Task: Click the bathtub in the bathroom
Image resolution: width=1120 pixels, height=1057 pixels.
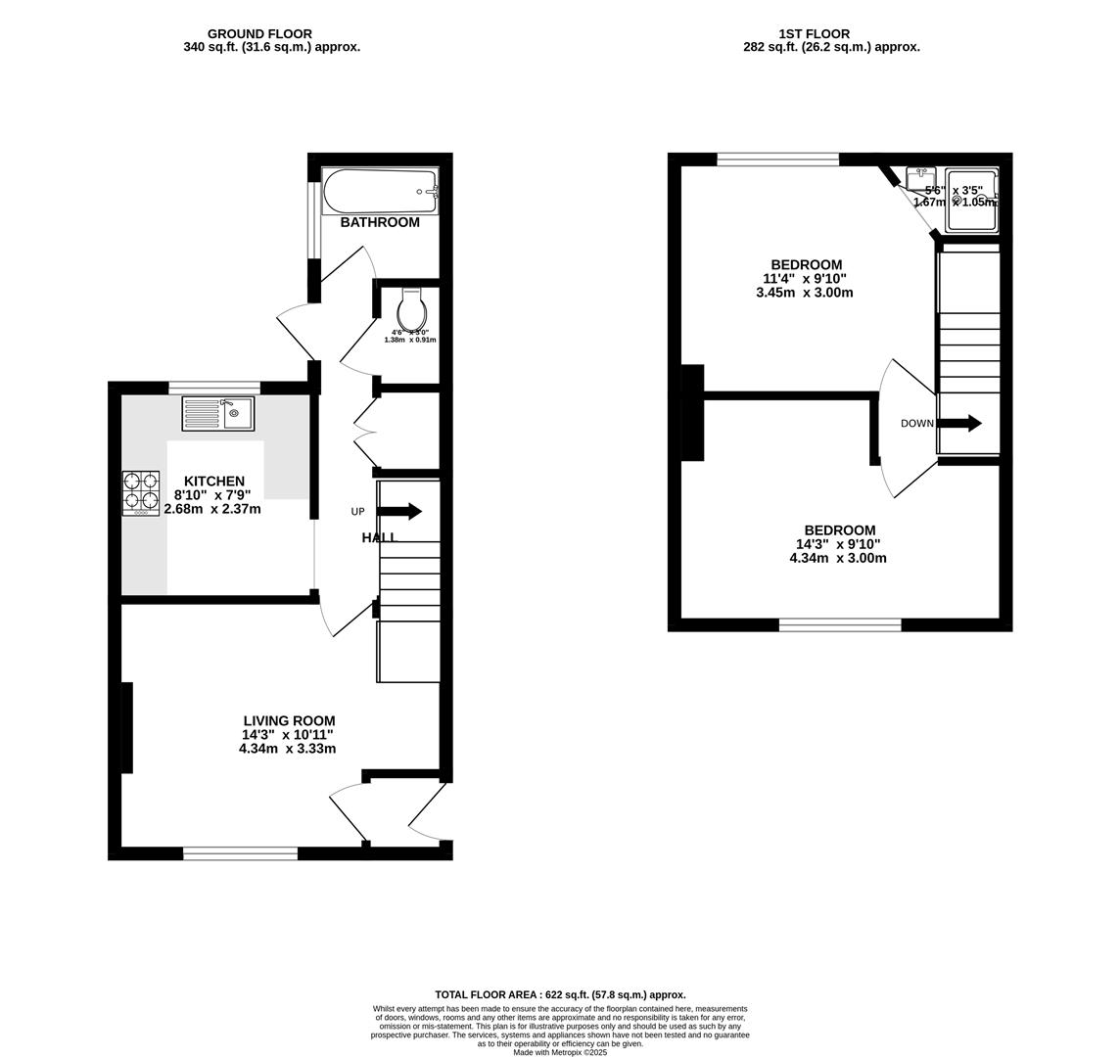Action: (x=380, y=192)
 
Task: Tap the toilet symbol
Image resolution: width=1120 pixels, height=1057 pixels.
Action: (x=412, y=311)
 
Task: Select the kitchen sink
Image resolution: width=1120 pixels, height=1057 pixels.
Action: (x=217, y=413)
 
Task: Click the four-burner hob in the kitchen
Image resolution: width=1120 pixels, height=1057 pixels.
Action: (x=141, y=492)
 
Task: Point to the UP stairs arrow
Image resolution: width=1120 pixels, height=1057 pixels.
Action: (x=399, y=511)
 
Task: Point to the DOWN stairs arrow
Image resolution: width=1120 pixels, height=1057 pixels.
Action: (x=959, y=423)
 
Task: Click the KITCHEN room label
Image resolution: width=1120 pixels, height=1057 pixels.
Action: (x=214, y=482)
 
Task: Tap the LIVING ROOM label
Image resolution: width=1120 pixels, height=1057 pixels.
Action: (x=289, y=721)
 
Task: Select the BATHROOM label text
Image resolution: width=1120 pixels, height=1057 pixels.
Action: (x=380, y=222)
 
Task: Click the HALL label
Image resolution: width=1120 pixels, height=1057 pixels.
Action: (x=379, y=537)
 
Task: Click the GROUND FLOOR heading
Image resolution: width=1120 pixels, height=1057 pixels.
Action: (x=259, y=34)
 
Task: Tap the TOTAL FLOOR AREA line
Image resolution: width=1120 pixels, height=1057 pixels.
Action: (x=560, y=994)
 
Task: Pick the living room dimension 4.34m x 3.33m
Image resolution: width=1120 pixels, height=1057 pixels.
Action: (x=287, y=749)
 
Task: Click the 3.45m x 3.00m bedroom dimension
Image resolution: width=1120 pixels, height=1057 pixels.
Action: (x=805, y=292)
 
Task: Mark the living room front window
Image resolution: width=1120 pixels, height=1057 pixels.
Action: (x=240, y=853)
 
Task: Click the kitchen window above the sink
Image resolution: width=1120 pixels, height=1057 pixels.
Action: (x=214, y=388)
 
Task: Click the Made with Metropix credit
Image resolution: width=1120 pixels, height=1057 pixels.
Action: (x=560, y=1052)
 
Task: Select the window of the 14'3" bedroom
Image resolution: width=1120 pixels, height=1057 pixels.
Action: (x=840, y=624)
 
